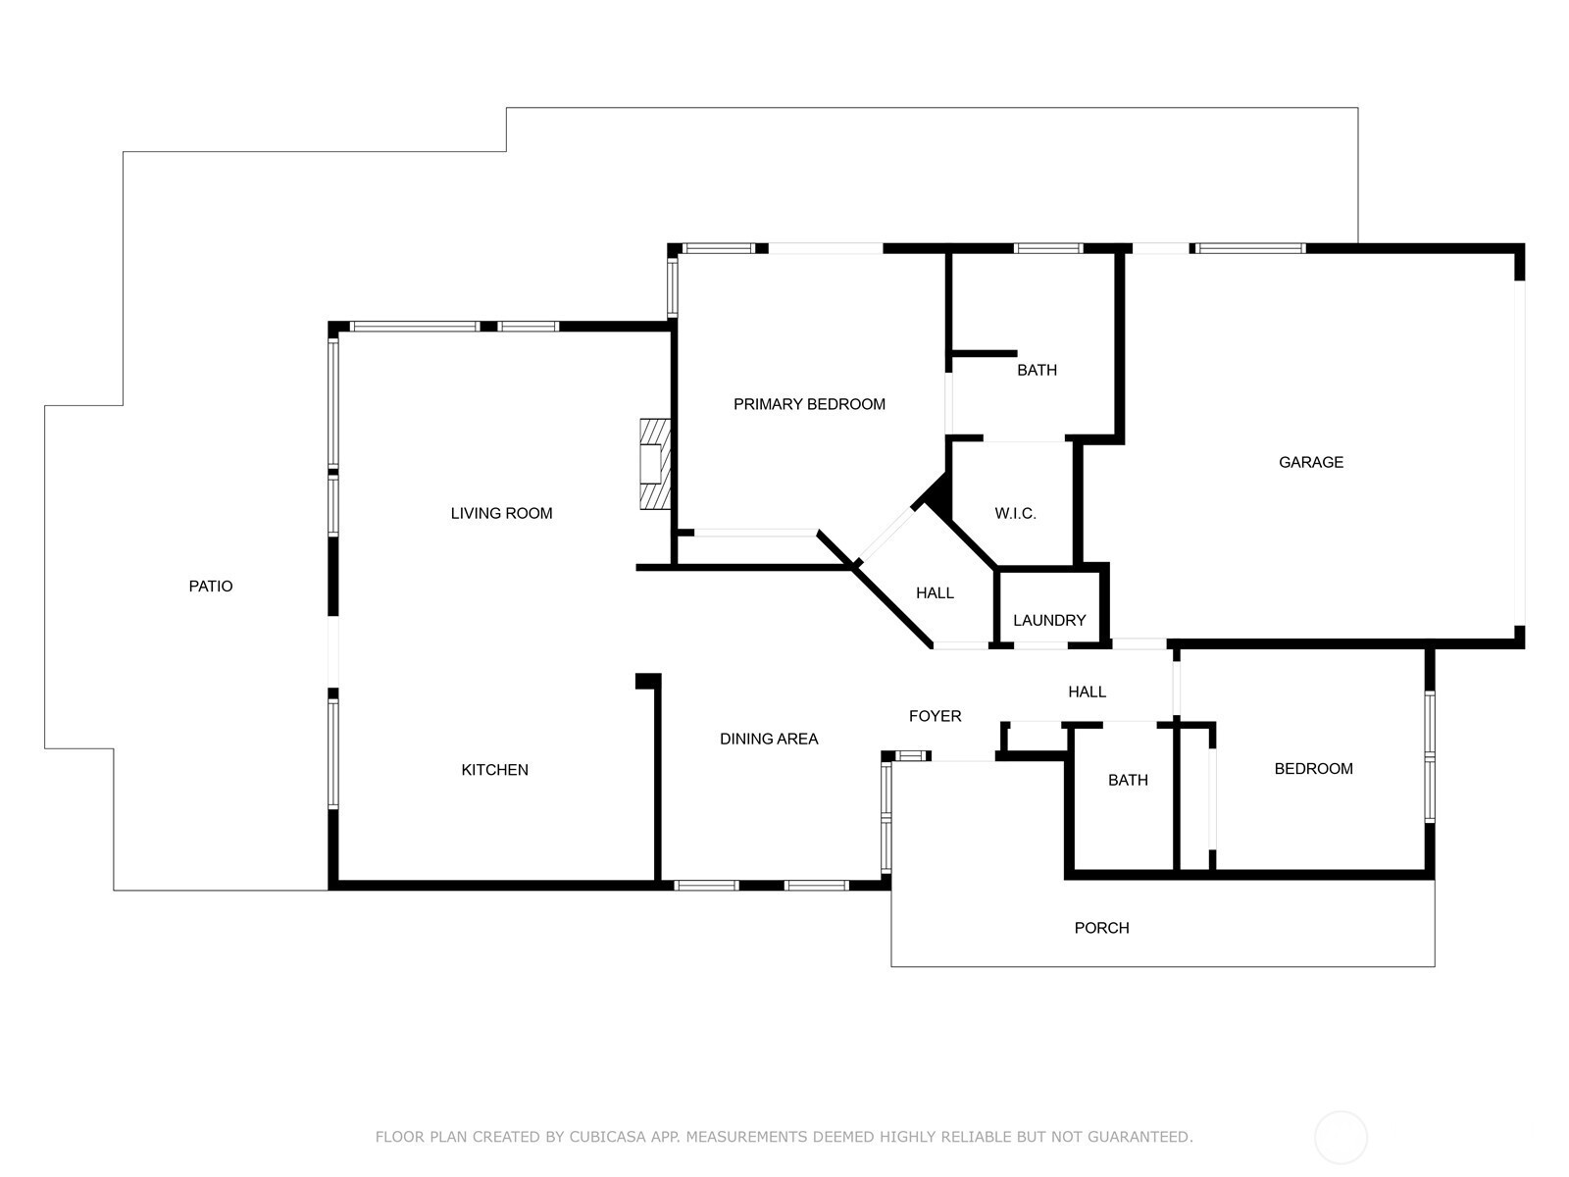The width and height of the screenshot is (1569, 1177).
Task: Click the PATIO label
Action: (x=210, y=586)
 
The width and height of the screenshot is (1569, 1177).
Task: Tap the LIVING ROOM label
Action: (x=501, y=513)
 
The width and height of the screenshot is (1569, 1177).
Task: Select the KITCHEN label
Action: (x=494, y=770)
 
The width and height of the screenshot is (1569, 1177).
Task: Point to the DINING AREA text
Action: (x=769, y=739)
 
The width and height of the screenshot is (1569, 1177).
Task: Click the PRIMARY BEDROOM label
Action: (x=809, y=404)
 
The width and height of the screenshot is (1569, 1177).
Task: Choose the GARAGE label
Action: (x=1311, y=462)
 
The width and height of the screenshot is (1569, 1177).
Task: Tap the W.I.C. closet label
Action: (x=1015, y=513)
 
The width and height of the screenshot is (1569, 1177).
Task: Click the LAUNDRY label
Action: (x=1049, y=620)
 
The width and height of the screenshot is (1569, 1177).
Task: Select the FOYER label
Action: (x=935, y=716)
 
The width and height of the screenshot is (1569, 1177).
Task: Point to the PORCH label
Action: (x=1101, y=928)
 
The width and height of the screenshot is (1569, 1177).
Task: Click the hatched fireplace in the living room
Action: (x=655, y=464)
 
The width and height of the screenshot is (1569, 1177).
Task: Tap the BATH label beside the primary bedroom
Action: (x=1037, y=370)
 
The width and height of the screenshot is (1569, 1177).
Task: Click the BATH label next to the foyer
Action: (x=1128, y=781)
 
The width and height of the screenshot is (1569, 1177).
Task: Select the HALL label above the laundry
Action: (x=935, y=593)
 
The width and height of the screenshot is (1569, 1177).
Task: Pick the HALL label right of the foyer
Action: (x=1088, y=691)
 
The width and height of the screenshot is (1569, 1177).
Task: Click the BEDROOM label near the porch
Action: (x=1314, y=769)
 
